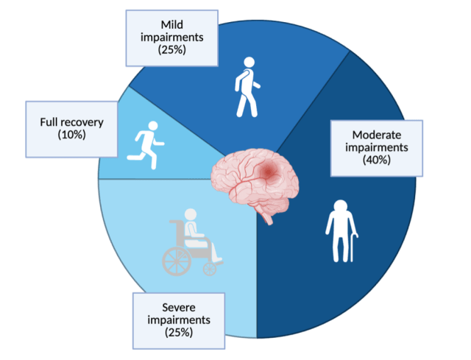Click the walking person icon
[247, 87]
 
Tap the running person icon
[146, 145]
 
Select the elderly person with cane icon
[341, 230]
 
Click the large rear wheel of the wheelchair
[177, 261]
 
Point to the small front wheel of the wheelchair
[210, 269]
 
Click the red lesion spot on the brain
[267, 172]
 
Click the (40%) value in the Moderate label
[376, 160]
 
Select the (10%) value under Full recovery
[72, 135]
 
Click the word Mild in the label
[171, 24]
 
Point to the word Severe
[179, 308]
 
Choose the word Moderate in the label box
[377, 135]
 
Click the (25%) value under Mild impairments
[171, 49]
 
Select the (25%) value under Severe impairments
[179, 332]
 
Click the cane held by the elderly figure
[353, 248]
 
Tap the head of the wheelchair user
[191, 214]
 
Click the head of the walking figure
[249, 62]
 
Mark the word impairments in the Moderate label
[377, 147]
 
